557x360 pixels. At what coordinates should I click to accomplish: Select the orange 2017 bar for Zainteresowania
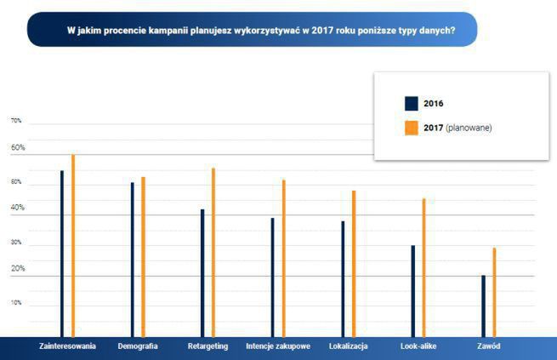[x=73, y=246]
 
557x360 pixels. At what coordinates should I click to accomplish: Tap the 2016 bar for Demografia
[x=133, y=260]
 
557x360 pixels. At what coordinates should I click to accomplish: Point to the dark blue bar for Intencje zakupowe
[x=273, y=277]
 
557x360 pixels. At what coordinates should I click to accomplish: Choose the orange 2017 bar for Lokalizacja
[x=354, y=264]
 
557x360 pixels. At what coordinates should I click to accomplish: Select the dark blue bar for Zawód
[x=483, y=306]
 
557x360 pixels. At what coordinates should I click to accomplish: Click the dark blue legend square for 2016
[x=411, y=104]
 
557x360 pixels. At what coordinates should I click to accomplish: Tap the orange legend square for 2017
[x=411, y=128]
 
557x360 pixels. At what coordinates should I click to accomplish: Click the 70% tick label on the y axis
[x=16, y=122]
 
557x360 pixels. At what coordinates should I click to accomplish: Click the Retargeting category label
[x=208, y=346]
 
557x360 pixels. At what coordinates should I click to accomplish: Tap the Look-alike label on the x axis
[x=418, y=346]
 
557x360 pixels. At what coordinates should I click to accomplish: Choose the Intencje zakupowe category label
[x=278, y=346]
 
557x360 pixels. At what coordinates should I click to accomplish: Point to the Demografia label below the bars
[x=137, y=346]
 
